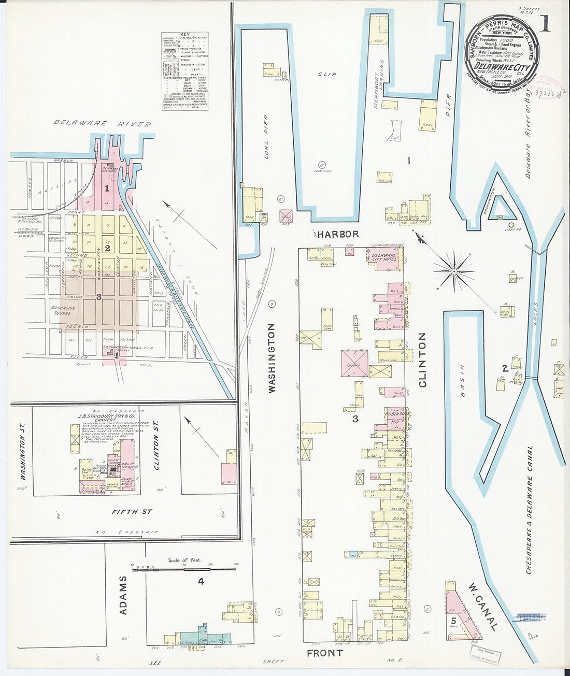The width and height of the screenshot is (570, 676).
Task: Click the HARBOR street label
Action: pyautogui.click(x=338, y=234)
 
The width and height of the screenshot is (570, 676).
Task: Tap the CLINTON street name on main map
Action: pyautogui.click(x=422, y=360)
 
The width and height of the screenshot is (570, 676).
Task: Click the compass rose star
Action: pyautogui.click(x=454, y=270)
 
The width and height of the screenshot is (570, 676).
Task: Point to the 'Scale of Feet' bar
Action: pyautogui.click(x=184, y=568)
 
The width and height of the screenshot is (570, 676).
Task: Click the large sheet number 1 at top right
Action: pyautogui.click(x=545, y=24)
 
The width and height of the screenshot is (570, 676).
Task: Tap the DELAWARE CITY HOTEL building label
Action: pyautogui.click(x=384, y=257)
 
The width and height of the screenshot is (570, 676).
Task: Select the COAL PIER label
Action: pyautogui.click(x=266, y=136)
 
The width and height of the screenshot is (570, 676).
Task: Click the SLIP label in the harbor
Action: pyautogui.click(x=327, y=75)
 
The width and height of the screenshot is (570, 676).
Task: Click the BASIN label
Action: pyautogui.click(x=462, y=381)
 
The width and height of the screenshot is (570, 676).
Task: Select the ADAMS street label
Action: pyautogui.click(x=123, y=596)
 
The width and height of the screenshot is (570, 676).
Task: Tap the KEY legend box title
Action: pyautogui.click(x=185, y=35)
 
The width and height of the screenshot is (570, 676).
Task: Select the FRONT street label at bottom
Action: pyautogui.click(x=324, y=653)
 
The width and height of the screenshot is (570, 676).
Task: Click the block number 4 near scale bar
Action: pyautogui.click(x=201, y=582)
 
